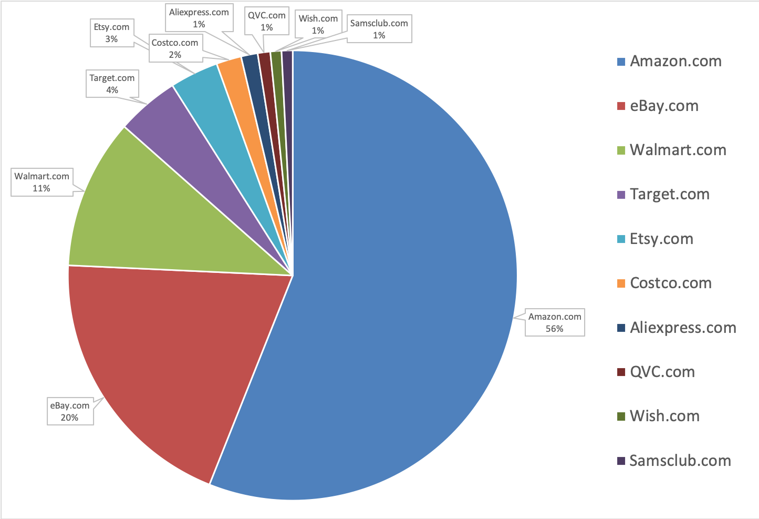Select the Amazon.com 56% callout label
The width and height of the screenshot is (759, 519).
tap(555, 322)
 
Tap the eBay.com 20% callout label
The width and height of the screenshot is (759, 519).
tap(70, 411)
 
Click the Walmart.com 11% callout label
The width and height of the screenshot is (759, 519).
tap(41, 182)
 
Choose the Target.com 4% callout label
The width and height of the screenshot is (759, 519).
tap(112, 84)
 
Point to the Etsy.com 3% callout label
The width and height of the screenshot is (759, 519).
tap(111, 33)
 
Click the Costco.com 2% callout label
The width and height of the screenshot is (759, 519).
tap(175, 48)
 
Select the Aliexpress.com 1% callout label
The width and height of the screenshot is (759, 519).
tap(199, 18)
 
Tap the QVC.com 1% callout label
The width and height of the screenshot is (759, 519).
tap(267, 21)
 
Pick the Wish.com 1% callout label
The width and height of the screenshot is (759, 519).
tap(318, 24)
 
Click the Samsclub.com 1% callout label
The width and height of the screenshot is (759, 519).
tap(379, 29)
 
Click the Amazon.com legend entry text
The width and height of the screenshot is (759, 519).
tap(675, 61)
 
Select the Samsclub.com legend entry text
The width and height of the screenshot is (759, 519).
tap(680, 461)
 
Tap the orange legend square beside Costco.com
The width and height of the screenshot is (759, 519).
tap(621, 283)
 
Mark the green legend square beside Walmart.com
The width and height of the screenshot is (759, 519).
tap(621, 150)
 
